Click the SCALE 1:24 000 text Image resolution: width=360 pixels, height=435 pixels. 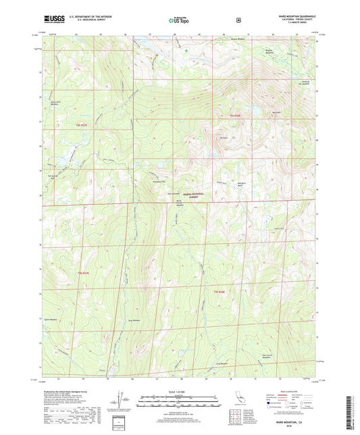180,391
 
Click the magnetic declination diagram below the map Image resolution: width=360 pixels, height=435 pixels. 122,399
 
